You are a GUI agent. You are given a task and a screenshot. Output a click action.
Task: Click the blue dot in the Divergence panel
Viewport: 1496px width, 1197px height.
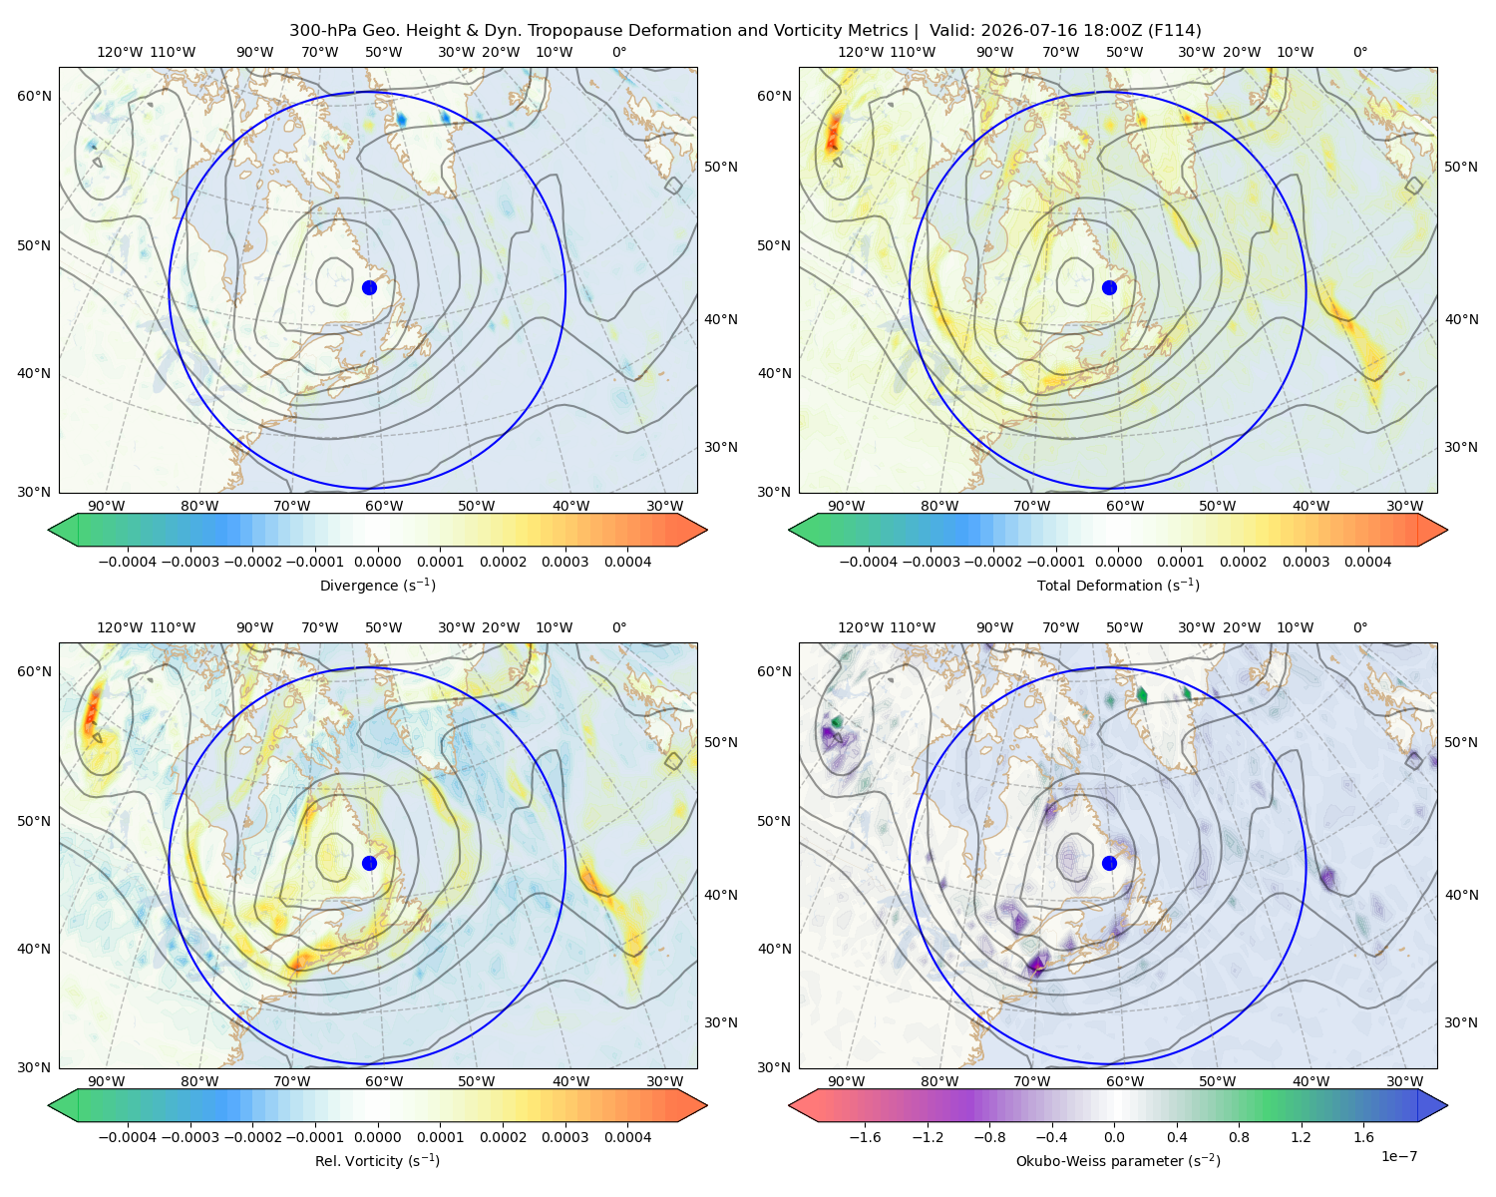coord(369,287)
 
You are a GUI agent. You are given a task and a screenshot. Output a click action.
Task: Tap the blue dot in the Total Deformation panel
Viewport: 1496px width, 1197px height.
coord(1109,287)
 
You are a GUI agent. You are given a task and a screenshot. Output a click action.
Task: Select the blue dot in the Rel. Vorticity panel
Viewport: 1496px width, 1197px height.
coord(369,863)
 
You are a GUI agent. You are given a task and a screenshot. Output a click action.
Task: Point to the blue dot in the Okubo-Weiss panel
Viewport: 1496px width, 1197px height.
coord(1109,863)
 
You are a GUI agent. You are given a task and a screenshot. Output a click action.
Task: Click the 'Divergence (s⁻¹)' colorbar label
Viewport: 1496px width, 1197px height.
coord(377,585)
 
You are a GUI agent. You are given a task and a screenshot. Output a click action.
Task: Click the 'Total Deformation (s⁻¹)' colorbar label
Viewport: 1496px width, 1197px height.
coord(1118,585)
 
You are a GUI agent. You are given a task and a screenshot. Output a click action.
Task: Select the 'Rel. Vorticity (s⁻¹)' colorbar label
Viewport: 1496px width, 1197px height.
coord(377,1161)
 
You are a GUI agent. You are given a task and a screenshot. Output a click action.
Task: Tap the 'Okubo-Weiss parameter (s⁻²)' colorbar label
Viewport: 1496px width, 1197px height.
coord(1118,1161)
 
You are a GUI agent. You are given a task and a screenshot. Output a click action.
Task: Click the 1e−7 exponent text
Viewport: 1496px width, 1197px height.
coord(1398,1156)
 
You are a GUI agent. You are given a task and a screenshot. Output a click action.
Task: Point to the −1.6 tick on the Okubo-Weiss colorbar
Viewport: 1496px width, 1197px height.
coord(865,1137)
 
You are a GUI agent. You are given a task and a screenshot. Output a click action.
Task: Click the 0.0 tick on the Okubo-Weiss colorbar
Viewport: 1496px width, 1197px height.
coord(1114,1137)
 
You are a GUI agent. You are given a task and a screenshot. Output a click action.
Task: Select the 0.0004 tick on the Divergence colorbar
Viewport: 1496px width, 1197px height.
coord(627,562)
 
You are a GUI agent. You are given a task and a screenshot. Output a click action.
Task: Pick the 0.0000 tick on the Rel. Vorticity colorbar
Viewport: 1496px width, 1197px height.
coord(377,1137)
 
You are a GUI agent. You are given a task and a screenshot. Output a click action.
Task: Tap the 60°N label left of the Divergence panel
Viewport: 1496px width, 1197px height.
coord(34,96)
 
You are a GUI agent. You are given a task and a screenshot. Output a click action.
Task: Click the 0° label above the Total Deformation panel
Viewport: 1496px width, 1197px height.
coord(1359,52)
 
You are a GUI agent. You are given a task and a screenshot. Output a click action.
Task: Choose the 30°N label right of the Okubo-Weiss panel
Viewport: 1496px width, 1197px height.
coord(1461,1022)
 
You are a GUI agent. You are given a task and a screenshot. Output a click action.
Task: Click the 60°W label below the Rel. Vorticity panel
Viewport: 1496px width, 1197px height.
coord(384,1081)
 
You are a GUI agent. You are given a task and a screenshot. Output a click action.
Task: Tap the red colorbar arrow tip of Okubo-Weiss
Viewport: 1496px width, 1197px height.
coord(789,1106)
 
